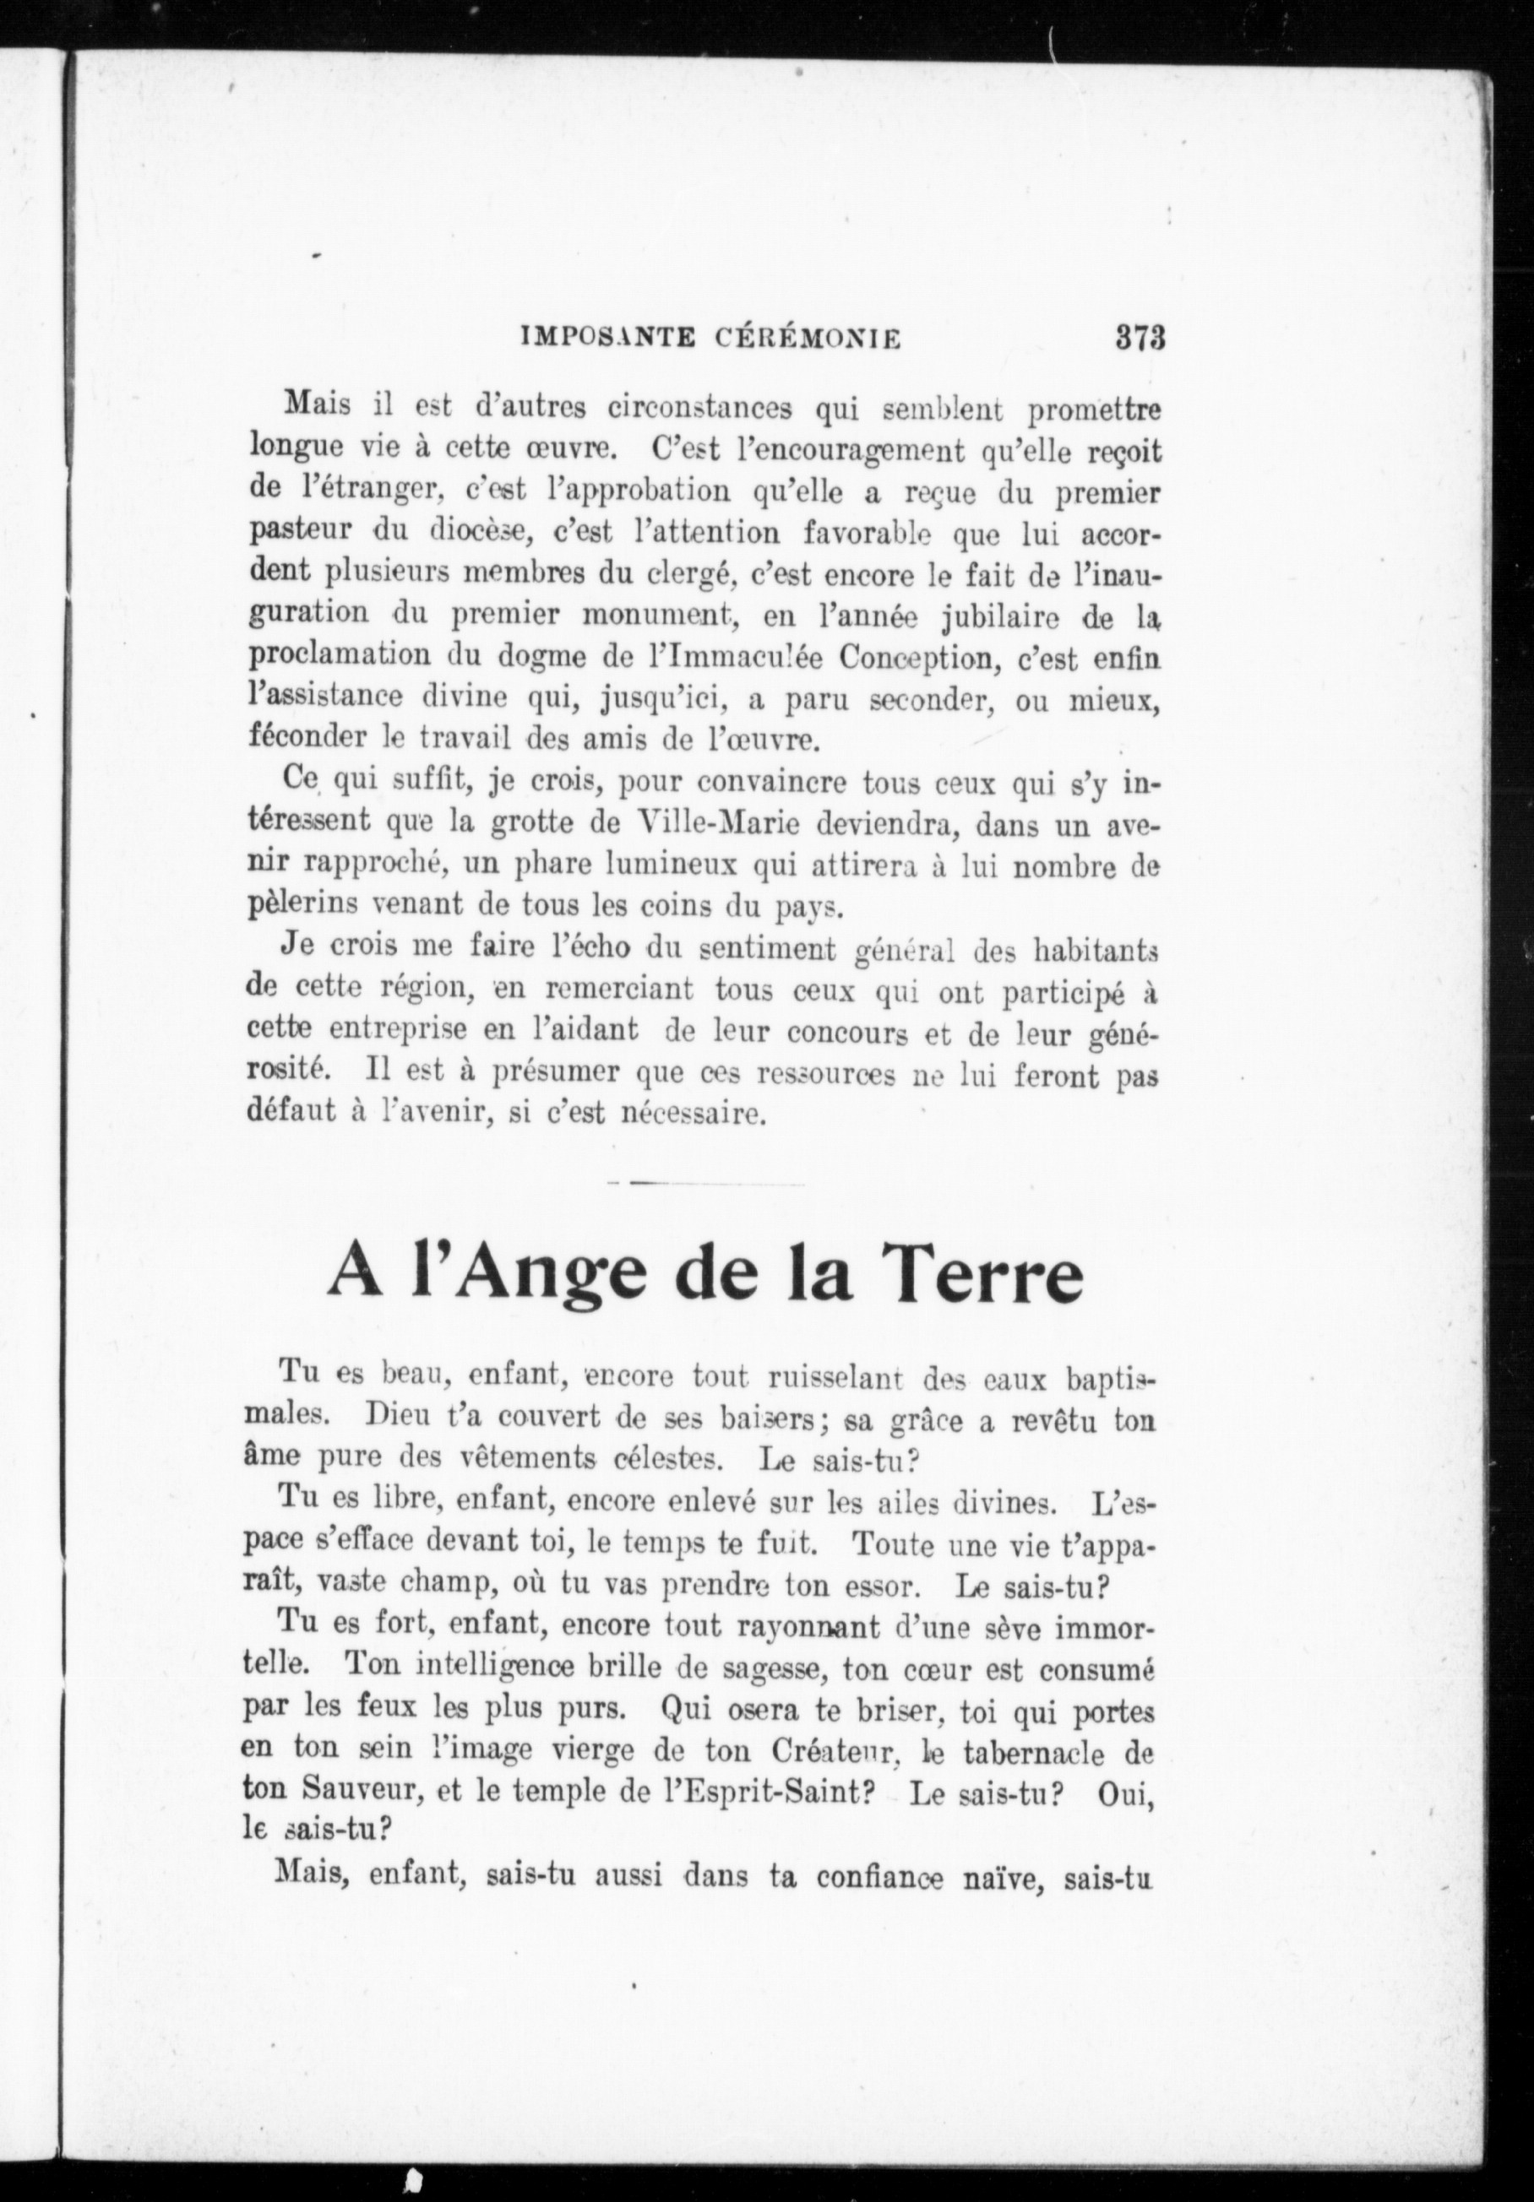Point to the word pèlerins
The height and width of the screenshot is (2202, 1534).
pyautogui.click(x=302, y=906)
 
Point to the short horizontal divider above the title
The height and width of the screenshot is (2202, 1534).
pyautogui.click(x=707, y=1185)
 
